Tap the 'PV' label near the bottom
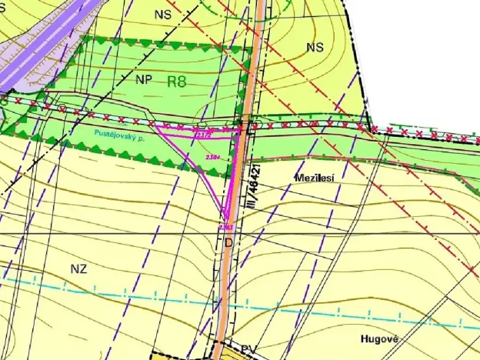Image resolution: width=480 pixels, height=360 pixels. (248, 349)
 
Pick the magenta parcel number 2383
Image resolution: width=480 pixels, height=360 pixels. (225, 228)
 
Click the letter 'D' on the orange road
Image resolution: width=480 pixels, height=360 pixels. (228, 242)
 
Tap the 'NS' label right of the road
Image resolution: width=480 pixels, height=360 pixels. (314, 47)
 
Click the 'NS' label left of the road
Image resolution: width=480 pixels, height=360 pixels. (162, 14)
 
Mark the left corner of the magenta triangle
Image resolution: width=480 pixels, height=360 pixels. (157, 126)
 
